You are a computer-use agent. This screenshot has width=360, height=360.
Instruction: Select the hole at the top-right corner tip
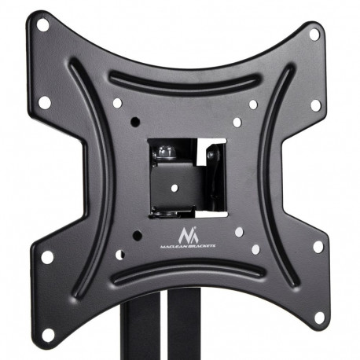314,35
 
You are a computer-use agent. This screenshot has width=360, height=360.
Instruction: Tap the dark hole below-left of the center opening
137,235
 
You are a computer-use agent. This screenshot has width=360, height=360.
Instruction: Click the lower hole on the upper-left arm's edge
45,102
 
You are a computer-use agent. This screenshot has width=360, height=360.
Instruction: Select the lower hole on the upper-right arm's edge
315,105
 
